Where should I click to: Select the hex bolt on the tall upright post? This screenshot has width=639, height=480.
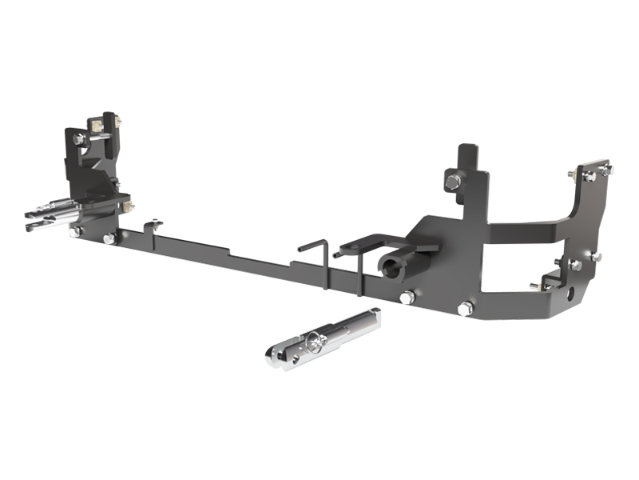click(452, 182)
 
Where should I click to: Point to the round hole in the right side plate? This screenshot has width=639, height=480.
click(570, 294)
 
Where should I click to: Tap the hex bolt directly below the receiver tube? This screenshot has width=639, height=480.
click(407, 298)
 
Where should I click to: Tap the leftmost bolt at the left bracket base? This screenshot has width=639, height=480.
click(75, 231)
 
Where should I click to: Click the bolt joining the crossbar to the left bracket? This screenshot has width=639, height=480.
click(109, 238)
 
